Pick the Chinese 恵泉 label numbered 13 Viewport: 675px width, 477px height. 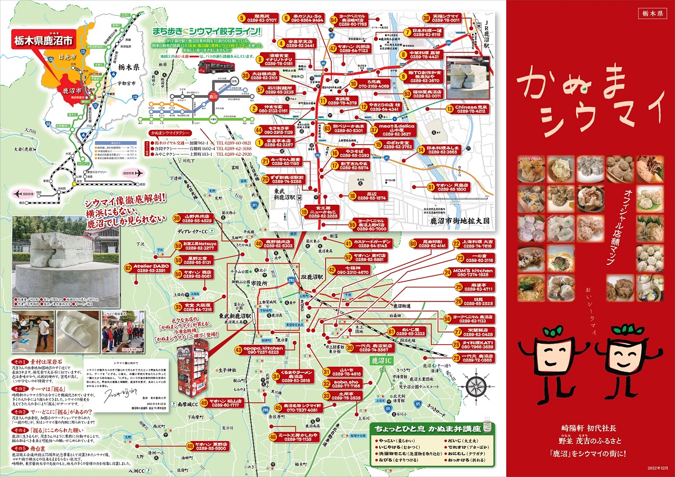coord(472,109)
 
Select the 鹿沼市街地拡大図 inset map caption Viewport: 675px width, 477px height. coord(460,221)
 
